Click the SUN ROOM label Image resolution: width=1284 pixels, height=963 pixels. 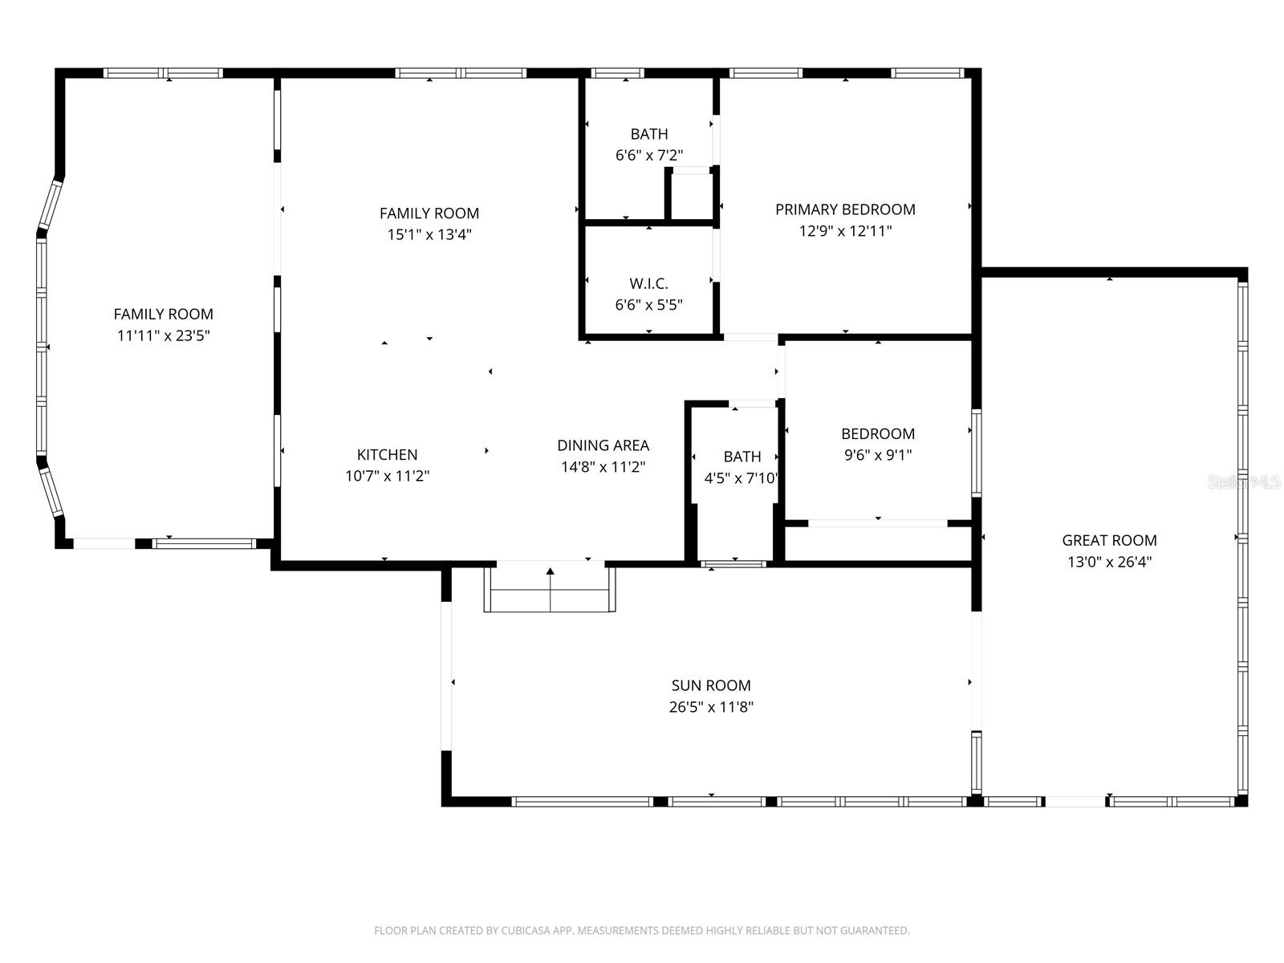pyautogui.click(x=711, y=685)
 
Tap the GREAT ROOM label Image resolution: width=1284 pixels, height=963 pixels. pyautogui.click(x=1109, y=541)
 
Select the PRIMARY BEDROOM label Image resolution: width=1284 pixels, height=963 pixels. pyautogui.click(x=845, y=209)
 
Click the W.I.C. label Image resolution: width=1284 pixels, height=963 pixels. pyautogui.click(x=648, y=283)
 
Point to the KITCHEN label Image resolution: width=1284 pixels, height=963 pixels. pyautogui.click(x=387, y=454)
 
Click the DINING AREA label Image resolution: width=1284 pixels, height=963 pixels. pyautogui.click(x=603, y=445)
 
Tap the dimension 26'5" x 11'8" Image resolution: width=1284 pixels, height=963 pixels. pyautogui.click(x=711, y=707)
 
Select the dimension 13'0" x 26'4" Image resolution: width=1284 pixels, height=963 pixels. pyautogui.click(x=1109, y=563)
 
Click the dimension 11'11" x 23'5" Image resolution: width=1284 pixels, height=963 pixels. pyautogui.click(x=164, y=335)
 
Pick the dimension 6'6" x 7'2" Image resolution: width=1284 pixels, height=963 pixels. pyautogui.click(x=648, y=156)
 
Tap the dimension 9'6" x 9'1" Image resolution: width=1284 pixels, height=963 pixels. pyautogui.click(x=877, y=455)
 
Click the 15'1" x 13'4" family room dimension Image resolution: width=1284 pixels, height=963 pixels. pyautogui.click(x=429, y=235)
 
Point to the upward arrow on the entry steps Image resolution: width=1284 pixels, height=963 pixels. pyautogui.click(x=551, y=571)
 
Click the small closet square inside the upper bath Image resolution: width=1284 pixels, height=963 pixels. pyautogui.click(x=691, y=195)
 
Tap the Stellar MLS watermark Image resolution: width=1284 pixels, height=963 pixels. pyautogui.click(x=1245, y=482)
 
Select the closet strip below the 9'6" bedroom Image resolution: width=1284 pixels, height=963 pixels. pyautogui.click(x=878, y=543)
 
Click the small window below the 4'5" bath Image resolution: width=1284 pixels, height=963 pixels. pyautogui.click(x=733, y=564)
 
